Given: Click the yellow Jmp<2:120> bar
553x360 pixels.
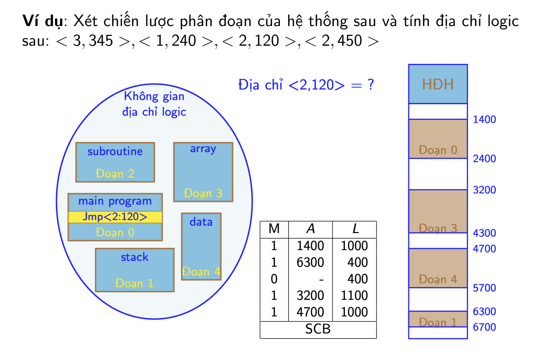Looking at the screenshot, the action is click(x=115, y=217).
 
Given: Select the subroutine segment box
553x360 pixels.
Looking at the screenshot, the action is click(x=115, y=162).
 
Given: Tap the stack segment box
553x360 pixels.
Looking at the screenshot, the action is click(x=135, y=270).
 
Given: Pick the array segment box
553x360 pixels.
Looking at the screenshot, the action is click(x=203, y=172).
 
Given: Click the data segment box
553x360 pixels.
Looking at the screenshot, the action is click(x=201, y=246).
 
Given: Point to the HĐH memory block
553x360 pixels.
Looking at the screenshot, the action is click(x=438, y=84).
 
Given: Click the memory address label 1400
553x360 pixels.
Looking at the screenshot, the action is click(x=484, y=119).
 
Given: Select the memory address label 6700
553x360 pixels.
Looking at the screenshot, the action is click(x=484, y=327).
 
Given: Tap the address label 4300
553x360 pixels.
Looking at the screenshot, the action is click(x=484, y=233).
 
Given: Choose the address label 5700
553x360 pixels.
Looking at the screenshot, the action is click(x=484, y=288).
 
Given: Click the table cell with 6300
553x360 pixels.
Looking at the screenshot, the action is click(x=310, y=262).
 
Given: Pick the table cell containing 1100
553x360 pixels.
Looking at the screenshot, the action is click(x=354, y=295).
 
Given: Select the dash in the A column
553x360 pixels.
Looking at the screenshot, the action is click(x=321, y=280).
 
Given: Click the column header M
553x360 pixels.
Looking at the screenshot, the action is click(x=274, y=229).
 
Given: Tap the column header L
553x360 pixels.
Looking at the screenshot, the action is click(x=355, y=229).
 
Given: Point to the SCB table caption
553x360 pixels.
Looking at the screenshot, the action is click(x=318, y=329).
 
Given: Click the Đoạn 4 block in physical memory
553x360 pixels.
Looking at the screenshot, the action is click(x=438, y=268).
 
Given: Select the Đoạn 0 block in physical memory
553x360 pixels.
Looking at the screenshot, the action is click(x=438, y=139).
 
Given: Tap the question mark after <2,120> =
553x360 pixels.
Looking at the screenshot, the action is click(x=371, y=85).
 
